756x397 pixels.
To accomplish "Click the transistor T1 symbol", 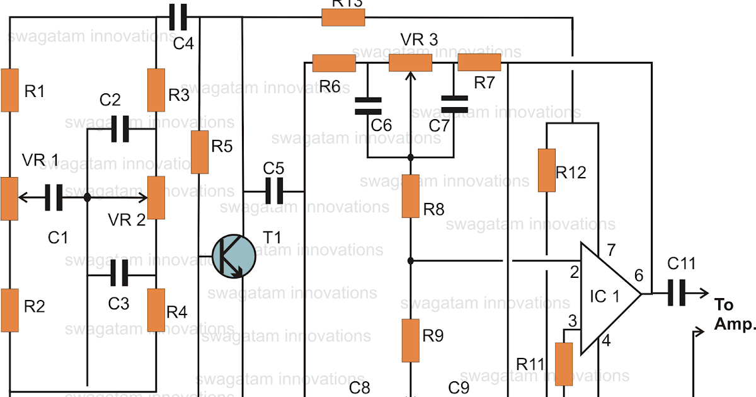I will coord(234,256).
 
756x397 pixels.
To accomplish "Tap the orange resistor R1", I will coord(9,90).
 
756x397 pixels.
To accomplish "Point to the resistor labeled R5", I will coord(200,152).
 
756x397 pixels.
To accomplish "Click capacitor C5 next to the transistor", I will coord(273,190).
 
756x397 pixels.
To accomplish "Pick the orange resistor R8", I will coord(411,197).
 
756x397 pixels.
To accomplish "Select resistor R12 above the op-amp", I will coord(547,170).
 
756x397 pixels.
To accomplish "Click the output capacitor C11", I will coord(677,294).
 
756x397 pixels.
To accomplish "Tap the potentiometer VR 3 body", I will coord(410,63).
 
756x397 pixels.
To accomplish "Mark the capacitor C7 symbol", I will coord(454,105).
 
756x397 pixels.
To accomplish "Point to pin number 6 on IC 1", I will coord(639,275).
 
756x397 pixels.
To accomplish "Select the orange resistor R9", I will coord(411,340).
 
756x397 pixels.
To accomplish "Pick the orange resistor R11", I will coord(563,364).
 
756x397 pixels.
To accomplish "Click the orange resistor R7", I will coord(479,63).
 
